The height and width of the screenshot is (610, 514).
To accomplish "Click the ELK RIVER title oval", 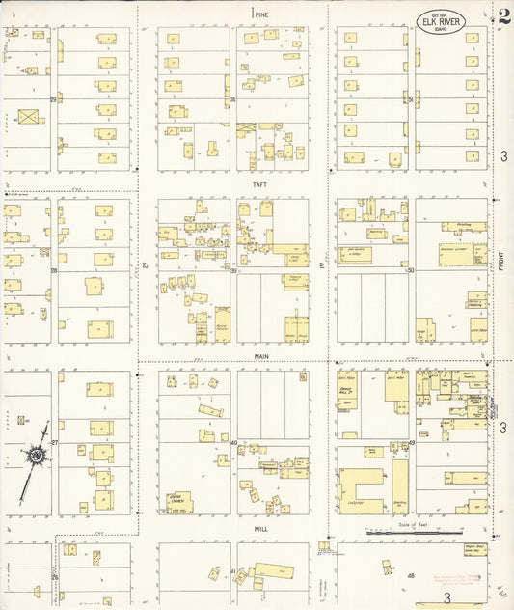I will [442, 20].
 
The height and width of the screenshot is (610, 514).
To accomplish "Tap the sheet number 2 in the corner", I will [504, 16].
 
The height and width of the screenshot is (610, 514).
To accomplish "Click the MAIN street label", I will [260, 356].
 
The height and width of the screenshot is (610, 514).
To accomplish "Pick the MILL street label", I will [260, 529].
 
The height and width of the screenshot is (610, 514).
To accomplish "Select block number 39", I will [233, 271].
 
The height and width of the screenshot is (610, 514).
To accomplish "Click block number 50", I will [410, 271].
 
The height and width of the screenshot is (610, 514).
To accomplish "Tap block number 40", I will [233, 443].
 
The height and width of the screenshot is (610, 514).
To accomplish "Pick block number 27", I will [55, 443].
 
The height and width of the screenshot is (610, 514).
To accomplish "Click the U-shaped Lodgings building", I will [359, 487].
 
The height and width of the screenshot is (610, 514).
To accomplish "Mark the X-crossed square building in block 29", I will [29, 117].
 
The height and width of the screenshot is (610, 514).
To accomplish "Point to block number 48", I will [411, 576].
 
